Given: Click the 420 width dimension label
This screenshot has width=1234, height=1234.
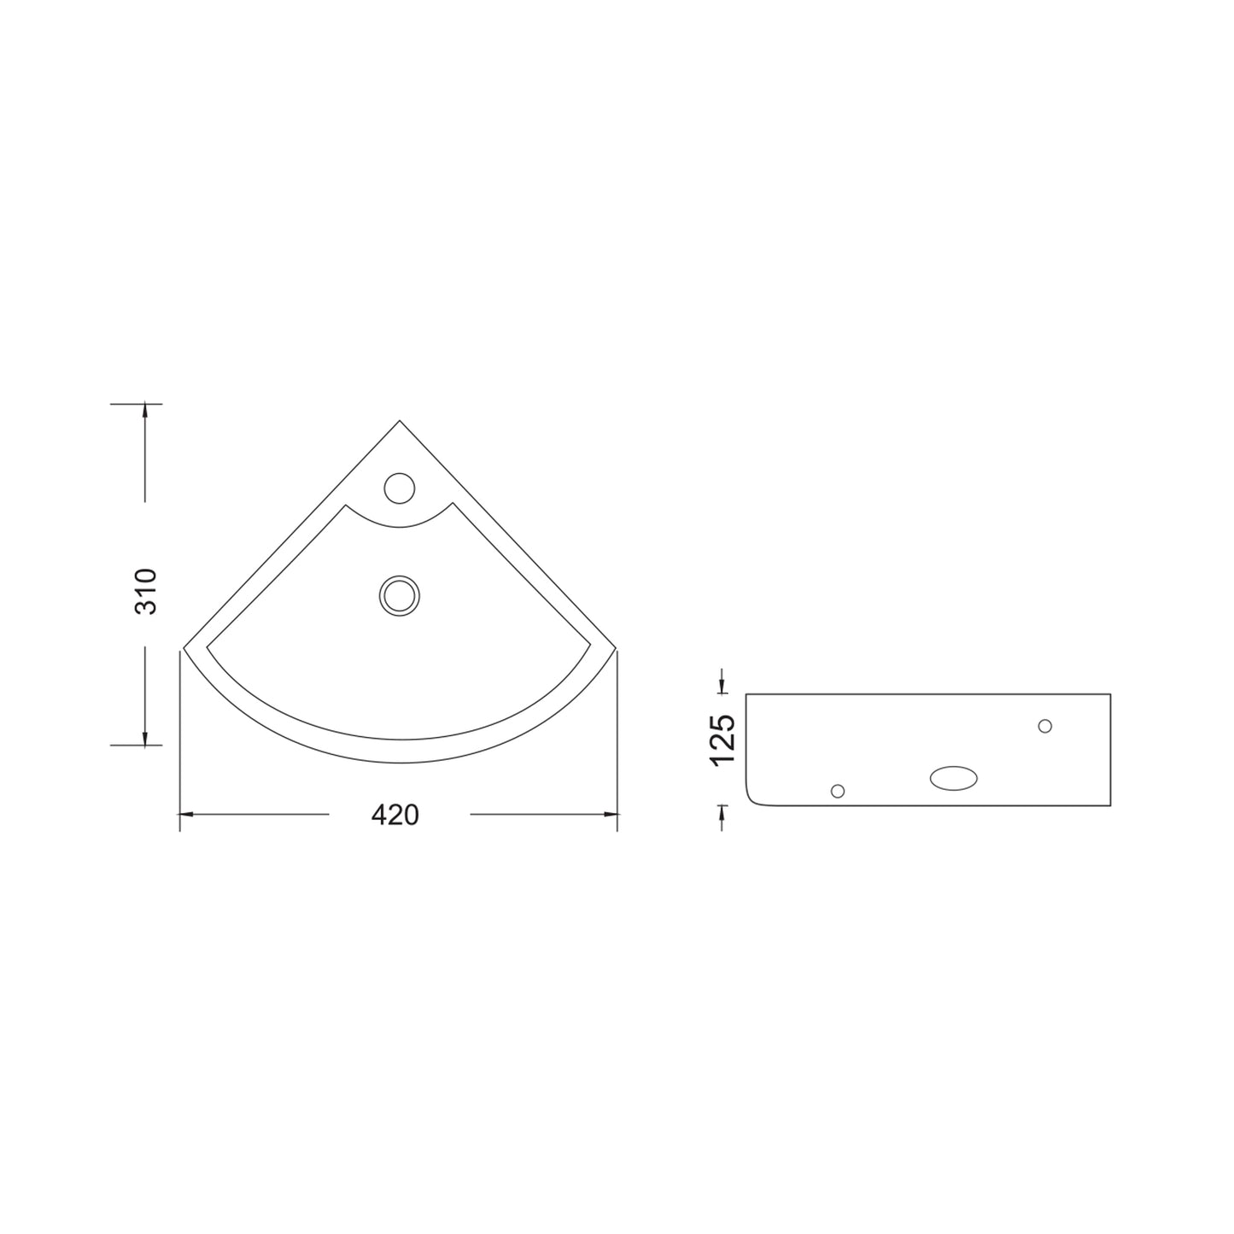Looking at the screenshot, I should (x=395, y=815).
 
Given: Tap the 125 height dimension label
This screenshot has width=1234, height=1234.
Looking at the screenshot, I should (x=722, y=740).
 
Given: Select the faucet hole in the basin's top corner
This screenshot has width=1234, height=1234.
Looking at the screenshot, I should (x=399, y=488).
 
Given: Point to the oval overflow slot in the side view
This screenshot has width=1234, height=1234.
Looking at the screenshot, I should (x=954, y=777).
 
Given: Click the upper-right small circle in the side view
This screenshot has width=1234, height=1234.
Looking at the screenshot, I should (x=1044, y=726).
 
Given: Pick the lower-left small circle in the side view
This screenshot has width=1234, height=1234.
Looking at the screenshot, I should (x=838, y=791).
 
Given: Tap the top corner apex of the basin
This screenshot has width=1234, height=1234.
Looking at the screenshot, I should (x=400, y=421).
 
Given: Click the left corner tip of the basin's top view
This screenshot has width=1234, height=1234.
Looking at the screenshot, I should (x=184, y=649).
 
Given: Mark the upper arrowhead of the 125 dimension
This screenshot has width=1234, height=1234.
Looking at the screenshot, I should (x=722, y=687).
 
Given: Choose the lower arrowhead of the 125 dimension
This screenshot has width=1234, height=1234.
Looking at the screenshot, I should (x=722, y=810).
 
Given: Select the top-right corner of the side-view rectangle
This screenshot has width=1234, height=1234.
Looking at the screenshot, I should (x=1110, y=694).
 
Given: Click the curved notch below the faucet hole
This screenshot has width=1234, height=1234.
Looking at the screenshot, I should (x=399, y=522).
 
